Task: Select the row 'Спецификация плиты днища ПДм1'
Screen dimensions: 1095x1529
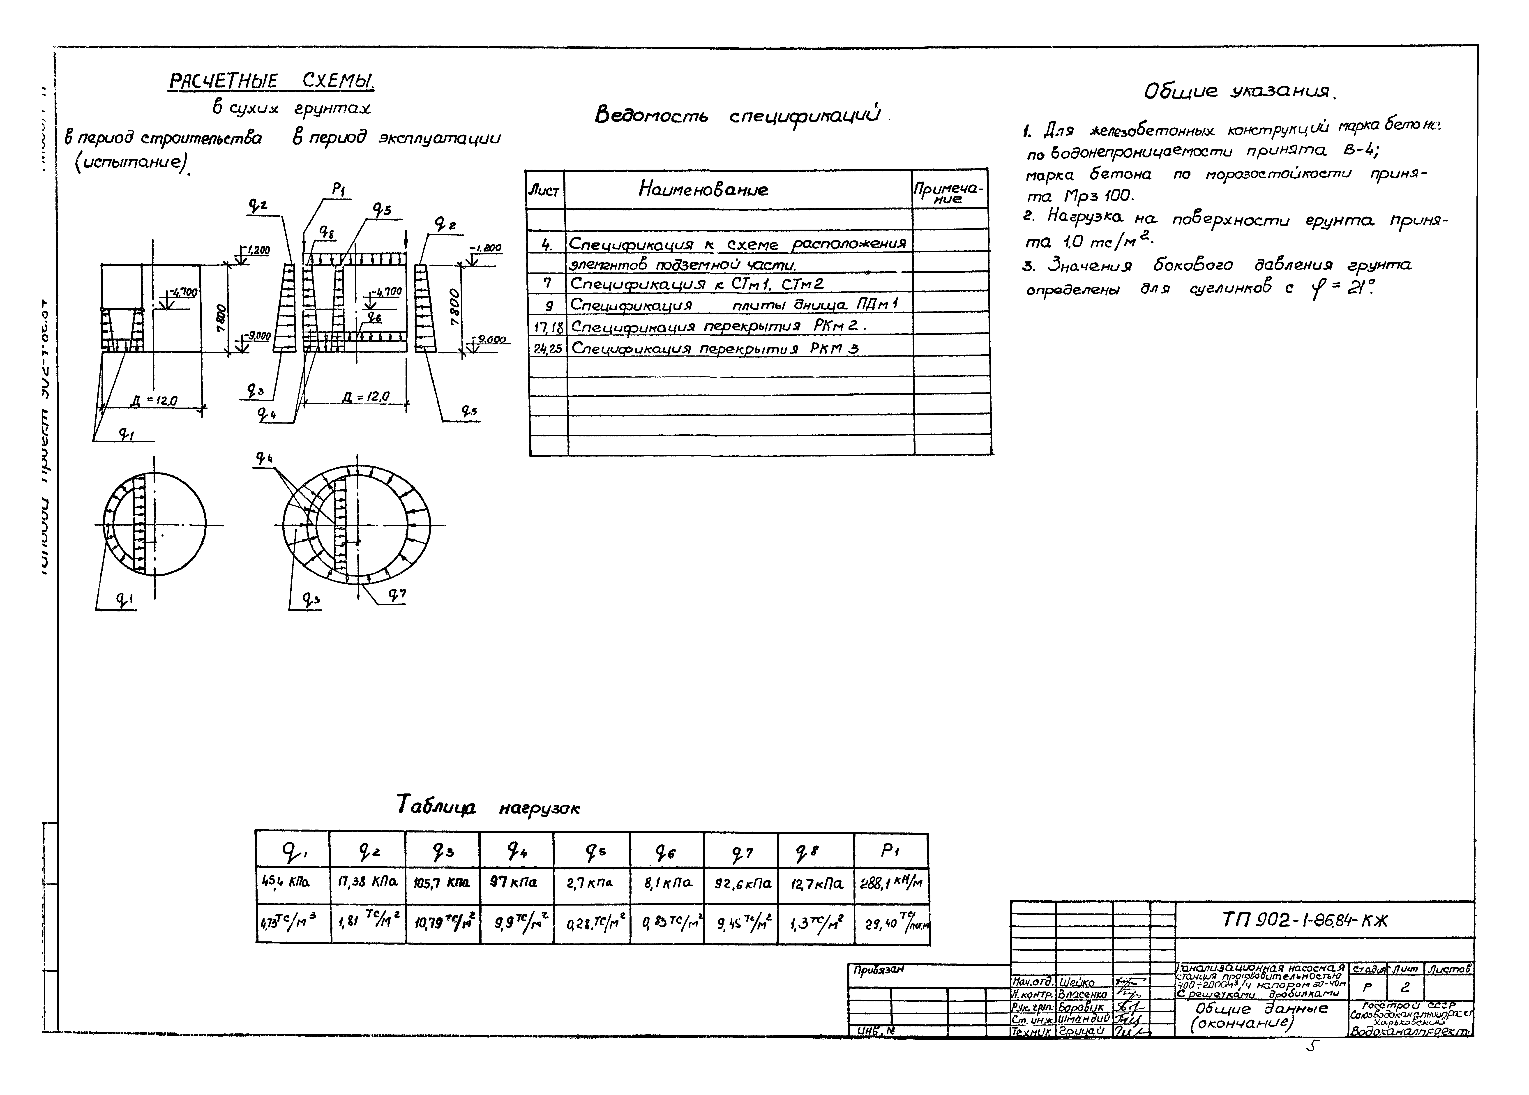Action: tap(735, 305)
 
